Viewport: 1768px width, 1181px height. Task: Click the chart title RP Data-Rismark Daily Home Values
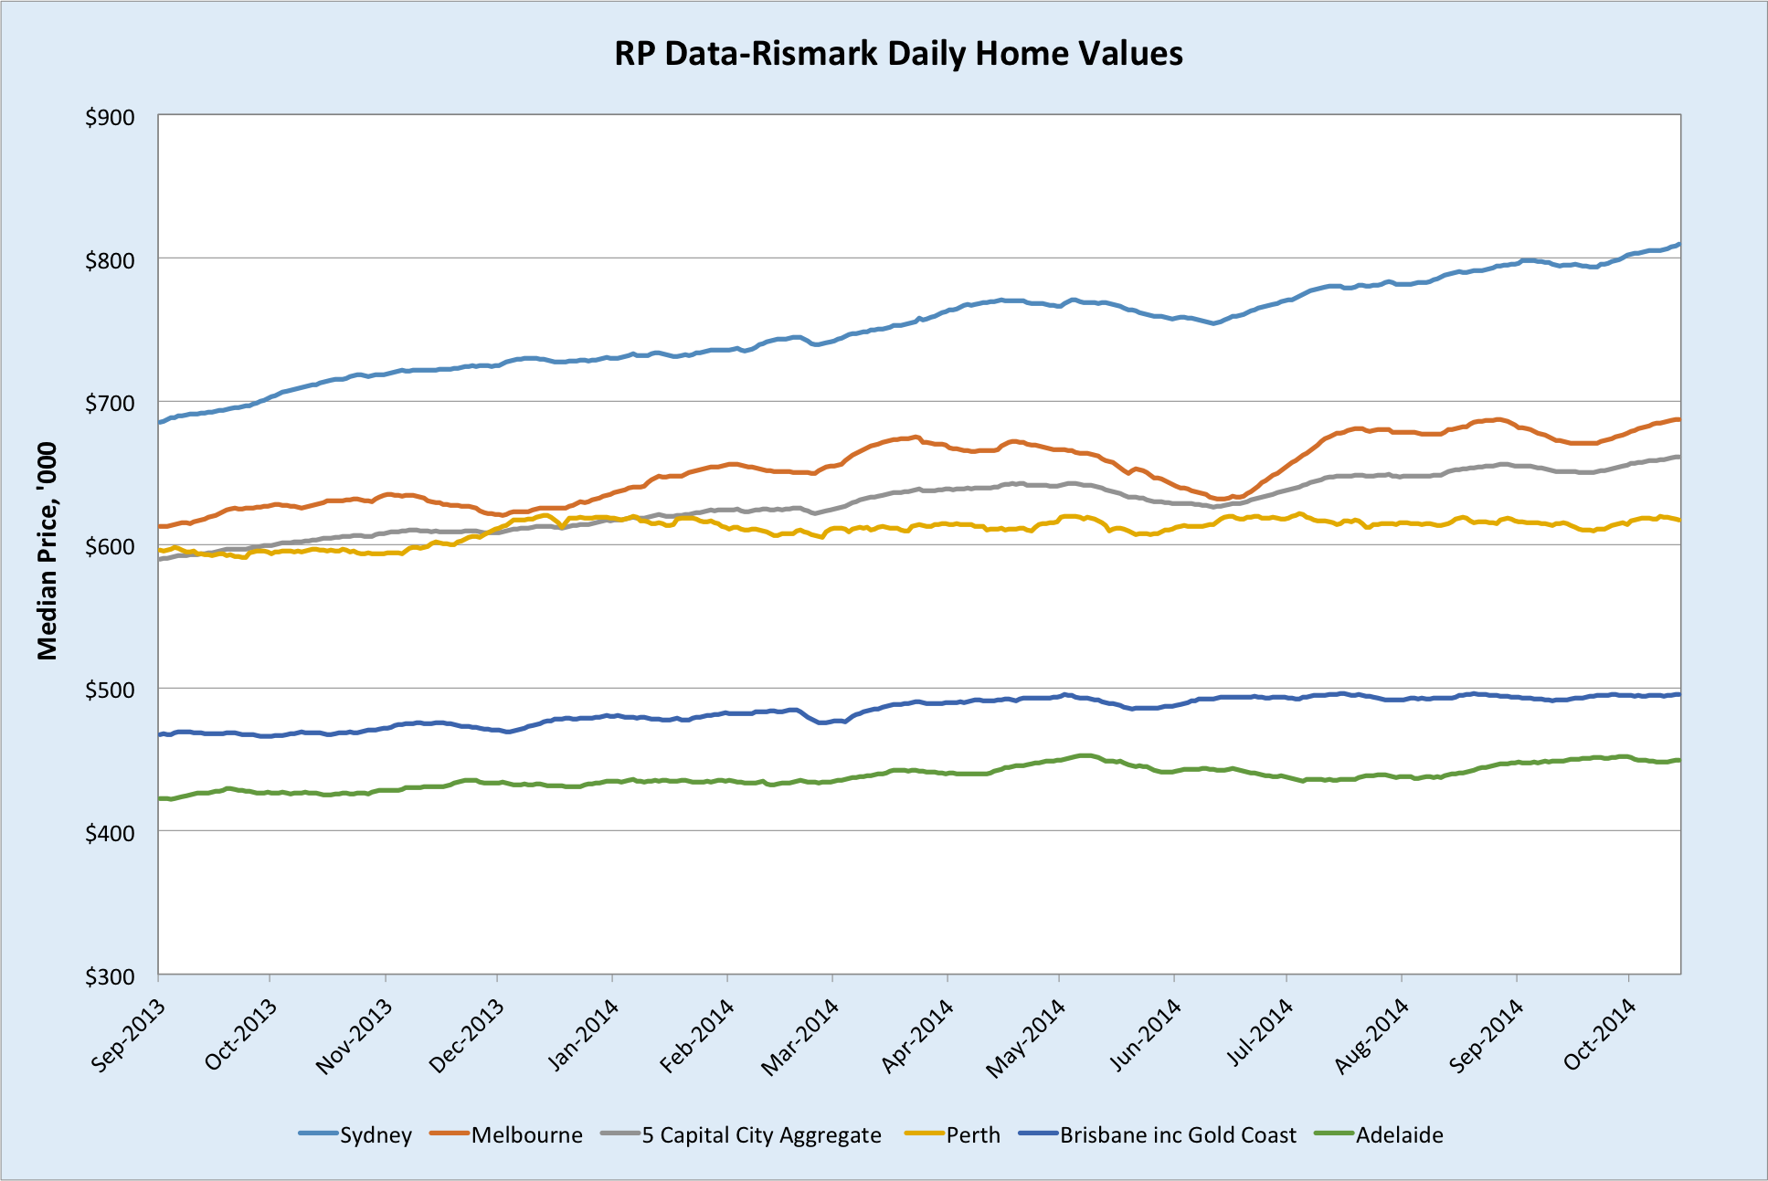click(x=898, y=54)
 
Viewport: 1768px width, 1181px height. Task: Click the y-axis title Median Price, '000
click(x=48, y=551)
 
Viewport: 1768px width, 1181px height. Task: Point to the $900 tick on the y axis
click(x=110, y=118)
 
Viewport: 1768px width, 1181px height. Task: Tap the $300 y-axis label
click(x=110, y=976)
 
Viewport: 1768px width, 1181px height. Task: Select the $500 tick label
click(x=110, y=690)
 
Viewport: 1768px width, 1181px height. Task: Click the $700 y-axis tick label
click(x=110, y=404)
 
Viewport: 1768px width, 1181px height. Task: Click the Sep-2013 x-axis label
click(x=129, y=1035)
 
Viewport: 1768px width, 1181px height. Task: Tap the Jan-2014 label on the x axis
click(x=583, y=1035)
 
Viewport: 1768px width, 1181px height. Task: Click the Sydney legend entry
click(x=376, y=1135)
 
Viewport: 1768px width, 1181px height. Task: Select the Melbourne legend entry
click(x=526, y=1135)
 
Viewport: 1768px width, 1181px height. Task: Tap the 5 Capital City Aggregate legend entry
click(x=761, y=1135)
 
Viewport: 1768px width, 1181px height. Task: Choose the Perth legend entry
click(x=973, y=1135)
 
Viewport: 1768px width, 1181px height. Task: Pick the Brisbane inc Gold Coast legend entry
click(x=1178, y=1135)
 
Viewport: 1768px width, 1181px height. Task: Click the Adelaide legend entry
click(x=1399, y=1135)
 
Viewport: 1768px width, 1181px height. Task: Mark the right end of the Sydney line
click(x=1679, y=244)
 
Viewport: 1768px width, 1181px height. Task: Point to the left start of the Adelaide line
click(x=160, y=798)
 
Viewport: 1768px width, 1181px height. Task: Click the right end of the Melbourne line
click(x=1679, y=419)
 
